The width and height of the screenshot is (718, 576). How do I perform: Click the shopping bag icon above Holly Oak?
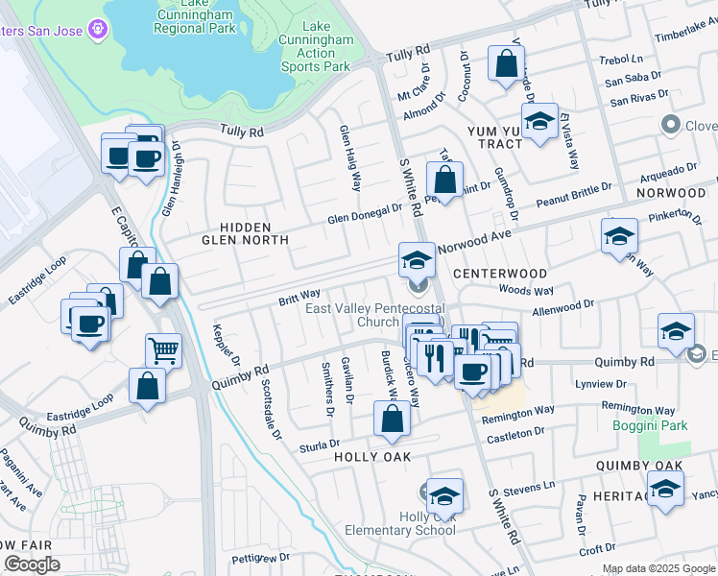coord(392,419)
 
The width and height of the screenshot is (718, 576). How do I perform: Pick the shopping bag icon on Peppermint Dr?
coord(444,179)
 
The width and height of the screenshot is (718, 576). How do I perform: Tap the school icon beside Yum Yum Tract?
coord(540,122)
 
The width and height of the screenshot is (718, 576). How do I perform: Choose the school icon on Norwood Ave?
coord(417,259)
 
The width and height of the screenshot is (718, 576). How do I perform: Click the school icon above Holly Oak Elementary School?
coord(444,495)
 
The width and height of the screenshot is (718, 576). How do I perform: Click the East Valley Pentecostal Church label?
coord(375,315)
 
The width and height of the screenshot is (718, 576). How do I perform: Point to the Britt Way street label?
coord(299,295)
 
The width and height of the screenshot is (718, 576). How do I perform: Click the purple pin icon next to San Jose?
coord(96,31)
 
